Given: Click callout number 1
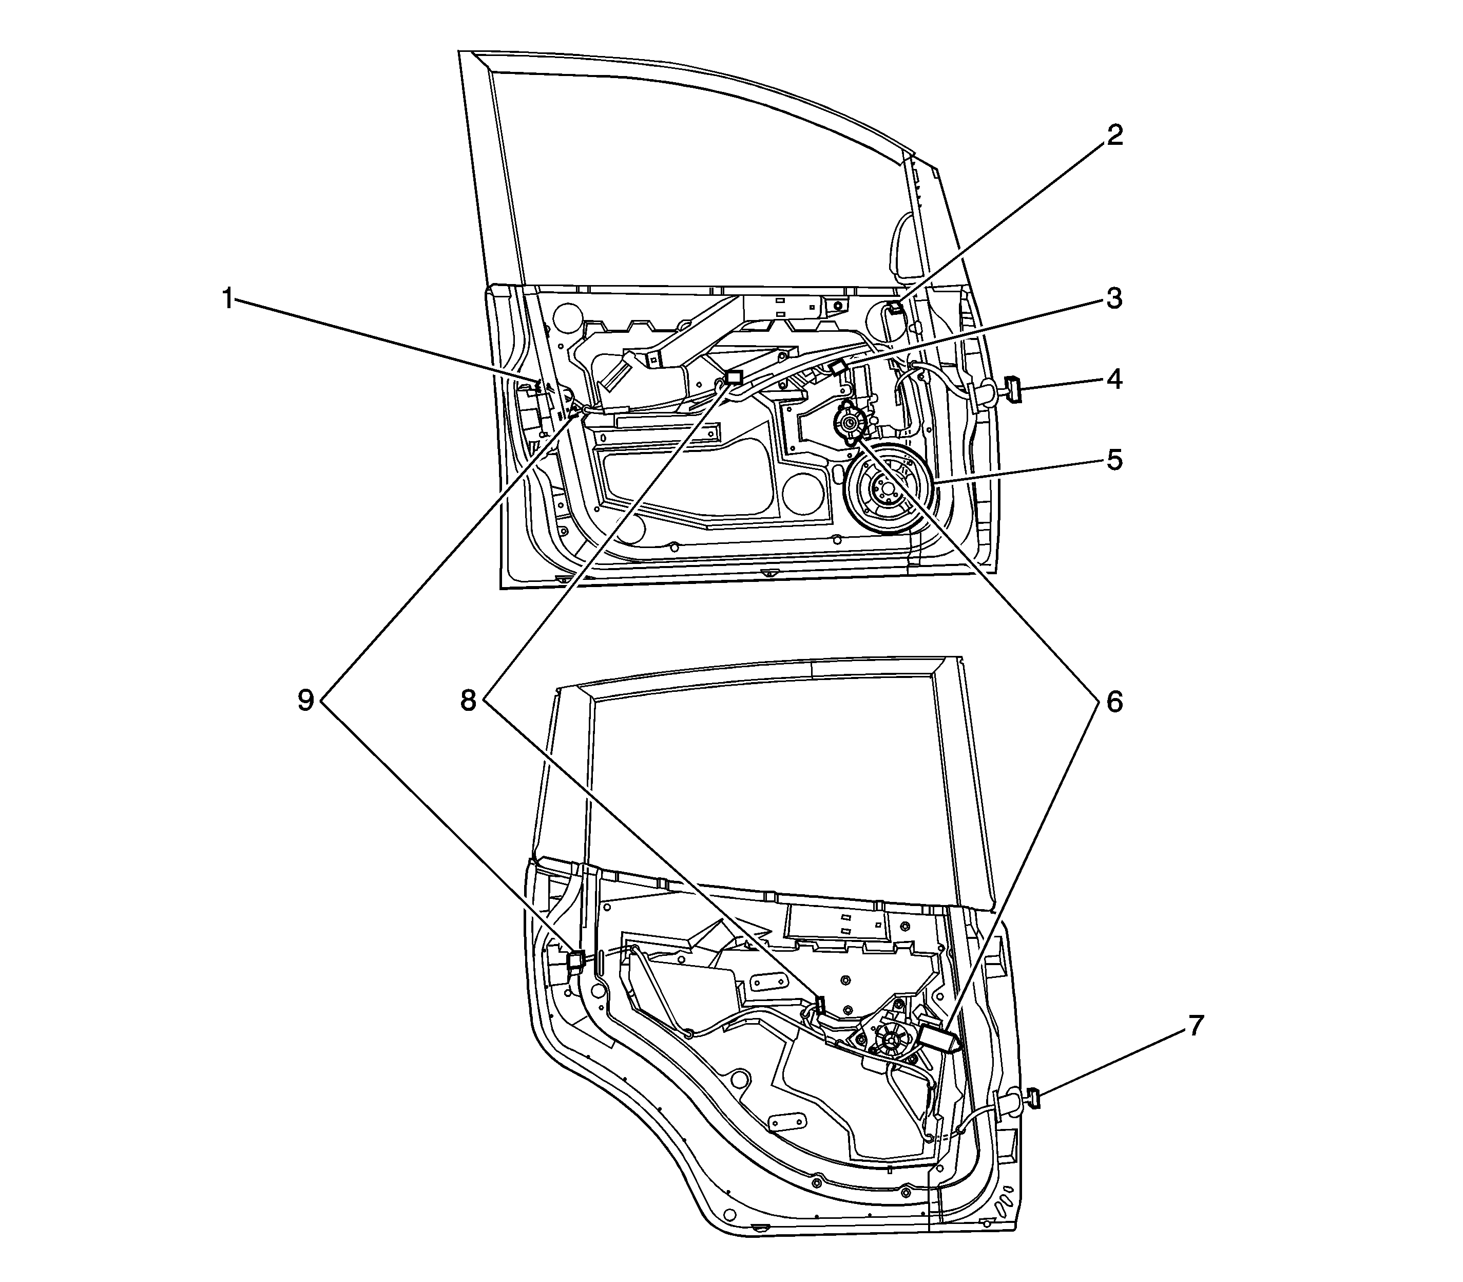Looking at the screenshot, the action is pyautogui.click(x=228, y=298).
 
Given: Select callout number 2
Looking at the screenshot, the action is pyautogui.click(x=1114, y=135).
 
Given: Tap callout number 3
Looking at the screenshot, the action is pyautogui.click(x=1114, y=298).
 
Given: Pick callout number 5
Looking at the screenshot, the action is pyautogui.click(x=1114, y=460).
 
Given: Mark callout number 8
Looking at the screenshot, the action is pyautogui.click(x=468, y=702).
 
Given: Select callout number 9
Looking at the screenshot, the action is pyautogui.click(x=306, y=702).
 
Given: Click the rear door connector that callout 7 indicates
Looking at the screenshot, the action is pyautogui.click(x=1033, y=1098).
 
